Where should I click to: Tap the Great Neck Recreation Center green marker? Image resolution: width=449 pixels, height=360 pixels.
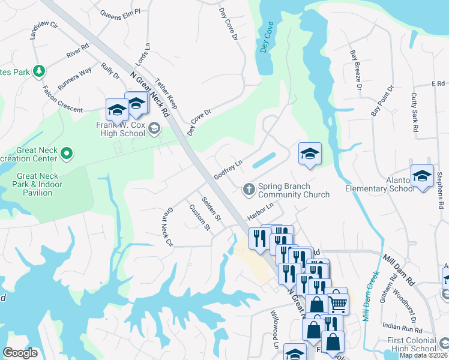pyautogui.click(x=67, y=155)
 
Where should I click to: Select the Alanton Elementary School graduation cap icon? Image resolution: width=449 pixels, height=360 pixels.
pyautogui.click(x=422, y=176)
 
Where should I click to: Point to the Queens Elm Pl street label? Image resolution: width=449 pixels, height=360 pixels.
pyautogui.click(x=120, y=11)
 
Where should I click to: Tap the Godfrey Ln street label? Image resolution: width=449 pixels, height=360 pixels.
pyautogui.click(x=228, y=169)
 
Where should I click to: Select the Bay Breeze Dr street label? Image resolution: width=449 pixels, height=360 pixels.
pyautogui.click(x=356, y=70)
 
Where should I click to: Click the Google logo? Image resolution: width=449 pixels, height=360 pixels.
pyautogui.click(x=20, y=353)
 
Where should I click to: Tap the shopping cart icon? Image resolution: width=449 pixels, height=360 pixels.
pyautogui.click(x=338, y=304)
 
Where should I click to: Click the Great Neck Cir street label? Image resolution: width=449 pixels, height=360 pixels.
pyautogui.click(x=165, y=227)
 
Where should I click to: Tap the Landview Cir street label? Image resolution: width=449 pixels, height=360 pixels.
pyautogui.click(x=44, y=31)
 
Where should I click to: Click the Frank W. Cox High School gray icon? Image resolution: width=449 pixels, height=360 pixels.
pyautogui.click(x=155, y=127)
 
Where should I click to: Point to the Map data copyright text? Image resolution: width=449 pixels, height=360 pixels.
pyautogui.click(x=424, y=355)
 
